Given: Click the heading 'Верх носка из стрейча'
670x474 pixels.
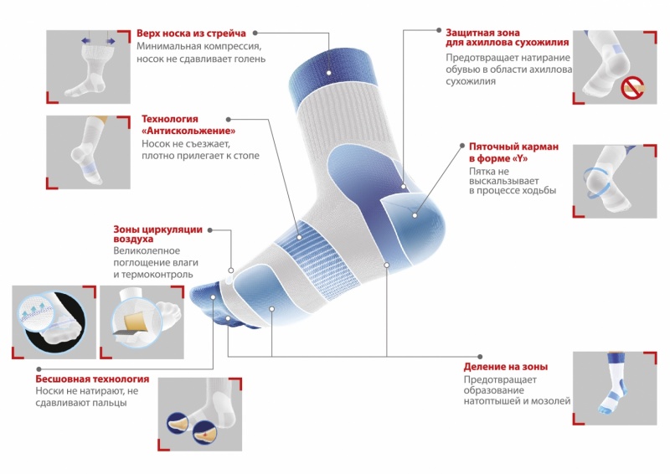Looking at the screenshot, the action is (x=191, y=33).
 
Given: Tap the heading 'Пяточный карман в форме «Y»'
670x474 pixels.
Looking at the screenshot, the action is (x=513, y=152).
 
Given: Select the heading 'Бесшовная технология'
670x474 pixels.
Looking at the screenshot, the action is (x=92, y=379).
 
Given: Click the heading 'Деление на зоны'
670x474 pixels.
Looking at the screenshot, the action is (x=506, y=366).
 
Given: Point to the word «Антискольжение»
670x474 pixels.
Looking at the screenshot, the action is (x=188, y=131).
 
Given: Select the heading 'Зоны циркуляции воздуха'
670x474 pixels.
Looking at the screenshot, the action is (x=157, y=234).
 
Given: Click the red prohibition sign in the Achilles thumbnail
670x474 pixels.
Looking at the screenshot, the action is (x=632, y=88).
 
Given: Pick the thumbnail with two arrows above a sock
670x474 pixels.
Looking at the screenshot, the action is (x=88, y=67).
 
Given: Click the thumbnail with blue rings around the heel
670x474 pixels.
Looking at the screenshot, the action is (x=615, y=181).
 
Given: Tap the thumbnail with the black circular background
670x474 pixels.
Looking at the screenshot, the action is (x=54, y=322).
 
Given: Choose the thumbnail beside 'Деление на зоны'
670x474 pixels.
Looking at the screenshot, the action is (x=615, y=389).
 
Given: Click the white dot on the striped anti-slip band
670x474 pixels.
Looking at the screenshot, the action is (x=300, y=237).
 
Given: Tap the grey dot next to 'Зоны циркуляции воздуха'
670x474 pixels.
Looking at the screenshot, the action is (x=210, y=230).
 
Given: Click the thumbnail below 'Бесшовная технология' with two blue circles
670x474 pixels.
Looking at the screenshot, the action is (x=200, y=415).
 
